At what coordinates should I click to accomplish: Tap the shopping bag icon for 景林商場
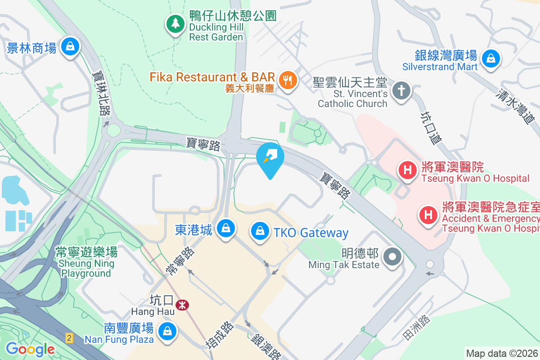[70, 46]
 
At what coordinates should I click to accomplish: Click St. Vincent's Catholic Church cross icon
[400, 90]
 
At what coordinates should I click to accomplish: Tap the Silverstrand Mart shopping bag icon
[490, 58]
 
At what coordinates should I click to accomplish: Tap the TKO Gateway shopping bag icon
[260, 231]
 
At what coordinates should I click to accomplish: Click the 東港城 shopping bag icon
[225, 228]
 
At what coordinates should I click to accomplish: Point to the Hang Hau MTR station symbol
[182, 305]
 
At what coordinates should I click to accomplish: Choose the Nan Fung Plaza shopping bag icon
[167, 332]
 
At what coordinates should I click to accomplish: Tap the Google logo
[30, 349]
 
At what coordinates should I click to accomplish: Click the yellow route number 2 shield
[69, 337]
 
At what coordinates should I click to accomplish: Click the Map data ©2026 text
[502, 353]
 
